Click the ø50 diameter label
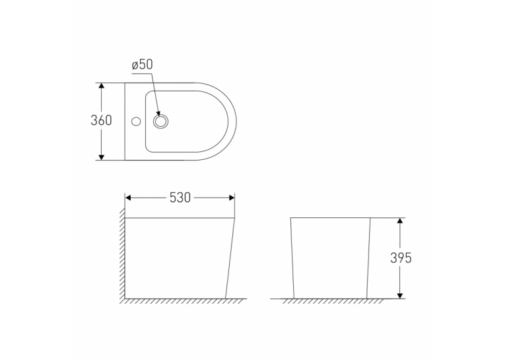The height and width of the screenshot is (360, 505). click(x=143, y=65)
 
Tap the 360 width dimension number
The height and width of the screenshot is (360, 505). click(x=101, y=120)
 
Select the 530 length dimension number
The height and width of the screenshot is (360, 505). click(x=180, y=198)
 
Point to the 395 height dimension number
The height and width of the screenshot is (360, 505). click(x=401, y=258)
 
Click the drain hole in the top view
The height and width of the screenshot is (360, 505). click(x=160, y=122)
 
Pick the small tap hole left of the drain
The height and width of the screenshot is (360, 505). click(x=136, y=122)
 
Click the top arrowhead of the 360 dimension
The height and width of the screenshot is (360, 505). click(x=102, y=86)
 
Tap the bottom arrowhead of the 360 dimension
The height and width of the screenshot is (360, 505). click(x=102, y=157)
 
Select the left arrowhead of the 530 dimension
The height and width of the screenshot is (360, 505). click(x=129, y=198)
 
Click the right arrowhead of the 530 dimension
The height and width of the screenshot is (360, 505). click(x=231, y=198)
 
